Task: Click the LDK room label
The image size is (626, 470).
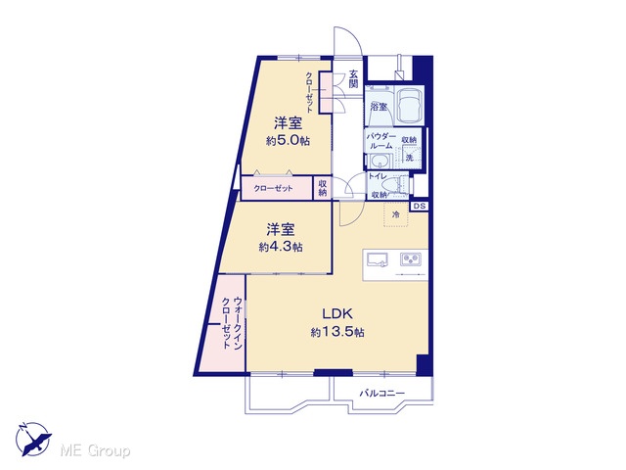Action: coord(337,313)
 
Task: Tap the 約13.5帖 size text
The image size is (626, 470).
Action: coord(337,332)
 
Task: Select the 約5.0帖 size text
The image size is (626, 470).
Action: coord(288,140)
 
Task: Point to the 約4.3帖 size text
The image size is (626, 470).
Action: coord(281,247)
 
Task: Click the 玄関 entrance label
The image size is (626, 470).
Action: coord(353,78)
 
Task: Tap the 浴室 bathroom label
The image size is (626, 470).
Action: coord(379,107)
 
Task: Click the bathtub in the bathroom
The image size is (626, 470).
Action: coord(411,105)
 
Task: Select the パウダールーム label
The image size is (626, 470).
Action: coord(381,141)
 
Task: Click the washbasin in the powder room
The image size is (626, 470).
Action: coord(379,162)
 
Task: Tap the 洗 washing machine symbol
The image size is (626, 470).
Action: coord(410,157)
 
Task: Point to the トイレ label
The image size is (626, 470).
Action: coord(377,176)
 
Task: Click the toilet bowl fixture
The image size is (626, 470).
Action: coord(391,186)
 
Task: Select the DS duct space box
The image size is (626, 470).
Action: coord(420,207)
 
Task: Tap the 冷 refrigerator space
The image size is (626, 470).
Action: coord(396,214)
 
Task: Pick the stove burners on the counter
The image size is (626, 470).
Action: coord(411,259)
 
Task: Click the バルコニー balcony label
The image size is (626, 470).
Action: coord(382,394)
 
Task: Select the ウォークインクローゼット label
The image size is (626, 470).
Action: coord(232,323)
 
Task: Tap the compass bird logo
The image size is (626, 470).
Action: coord(33,439)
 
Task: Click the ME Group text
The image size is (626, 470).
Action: coord(95,451)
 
